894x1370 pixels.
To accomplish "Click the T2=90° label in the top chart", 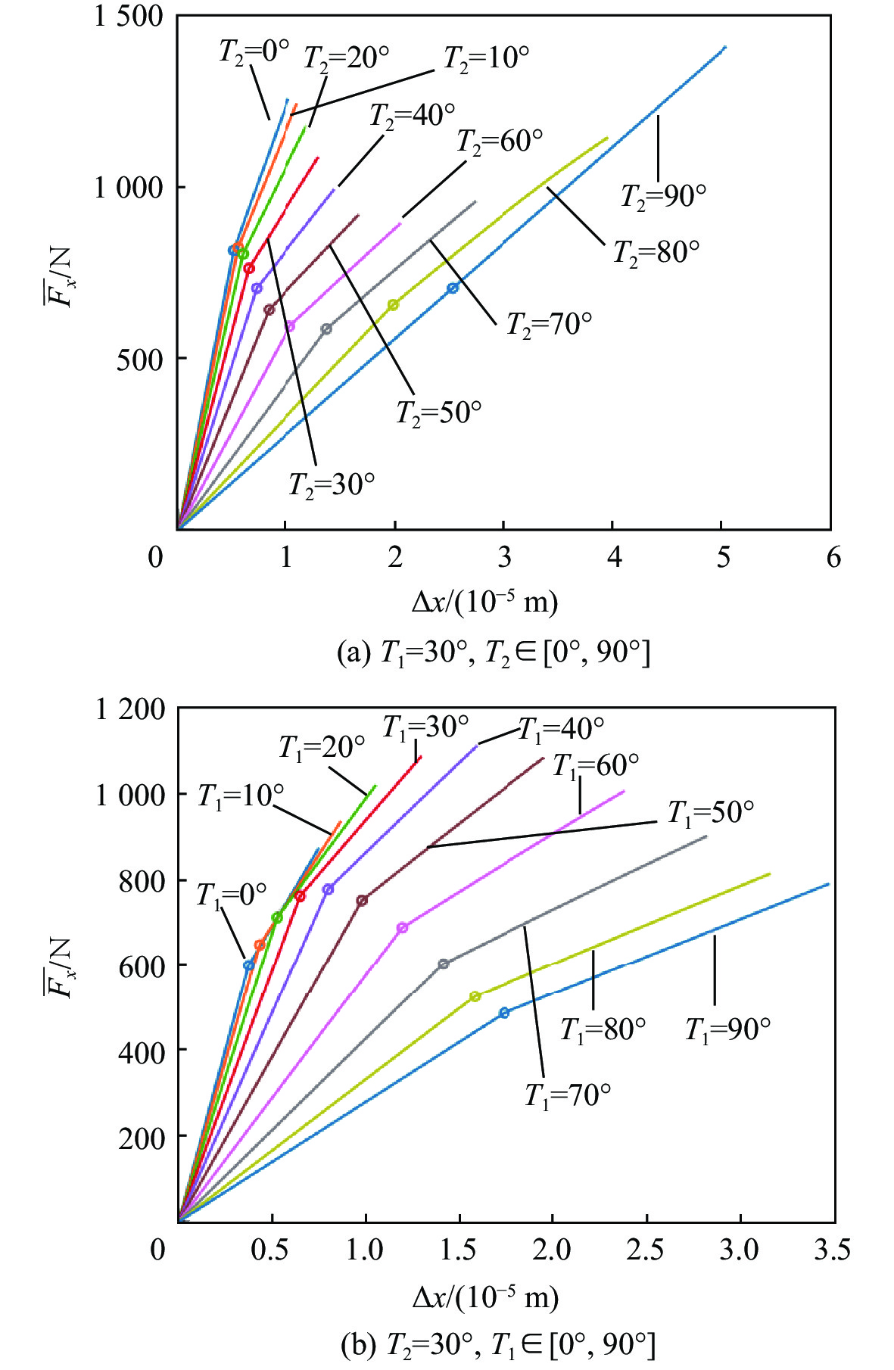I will tap(663, 197).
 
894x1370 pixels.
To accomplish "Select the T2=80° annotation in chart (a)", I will tap(656, 252).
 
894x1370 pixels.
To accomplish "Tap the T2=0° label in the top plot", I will tap(254, 52).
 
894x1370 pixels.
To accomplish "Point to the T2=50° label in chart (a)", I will tap(439, 413).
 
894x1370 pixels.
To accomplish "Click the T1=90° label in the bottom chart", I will tap(727, 1029).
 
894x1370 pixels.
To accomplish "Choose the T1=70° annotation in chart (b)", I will tap(568, 1095).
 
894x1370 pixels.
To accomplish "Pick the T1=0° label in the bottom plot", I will tap(232, 895).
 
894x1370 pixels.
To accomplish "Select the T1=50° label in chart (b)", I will tap(710, 813).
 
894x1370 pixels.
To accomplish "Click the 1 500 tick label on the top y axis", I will tap(128, 16).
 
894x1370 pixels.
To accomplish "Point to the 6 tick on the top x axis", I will tap(833, 558).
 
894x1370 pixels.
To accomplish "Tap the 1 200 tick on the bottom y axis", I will tap(129, 709).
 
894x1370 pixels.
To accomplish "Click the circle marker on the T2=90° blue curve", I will tap(453, 288).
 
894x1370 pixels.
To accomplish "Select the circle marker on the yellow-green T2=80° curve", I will tap(393, 305).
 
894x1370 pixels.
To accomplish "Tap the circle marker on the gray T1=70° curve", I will tap(444, 964).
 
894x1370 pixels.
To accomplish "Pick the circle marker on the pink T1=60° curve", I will tap(402, 927).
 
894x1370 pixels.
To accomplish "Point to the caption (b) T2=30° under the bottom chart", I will tap(497, 1345).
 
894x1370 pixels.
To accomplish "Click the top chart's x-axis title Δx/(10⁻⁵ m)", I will tap(484, 602).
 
